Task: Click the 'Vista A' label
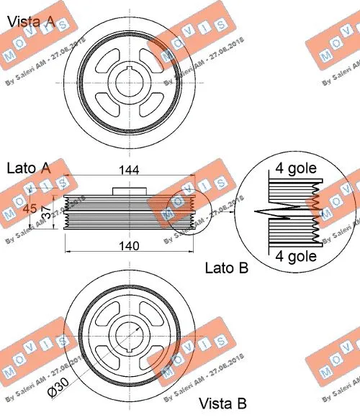coord(31,22)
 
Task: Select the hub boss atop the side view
coord(129,190)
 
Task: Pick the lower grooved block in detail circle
coord(292,232)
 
